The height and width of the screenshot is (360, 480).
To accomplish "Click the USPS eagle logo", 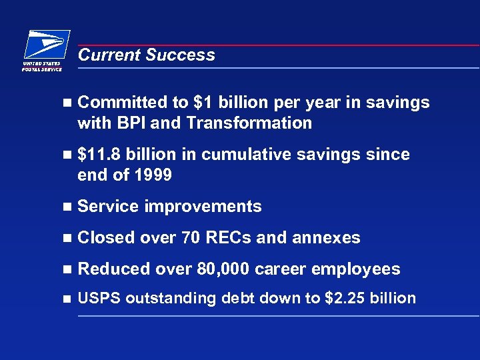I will point(47,45).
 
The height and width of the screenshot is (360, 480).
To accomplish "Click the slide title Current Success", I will point(146,55).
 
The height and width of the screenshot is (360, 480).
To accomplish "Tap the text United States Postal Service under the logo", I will point(42,66).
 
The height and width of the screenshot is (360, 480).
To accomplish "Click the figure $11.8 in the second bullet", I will point(99,155).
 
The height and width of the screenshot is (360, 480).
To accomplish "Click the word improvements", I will point(203,207).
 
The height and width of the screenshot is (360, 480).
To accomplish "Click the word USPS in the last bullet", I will point(99,299).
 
